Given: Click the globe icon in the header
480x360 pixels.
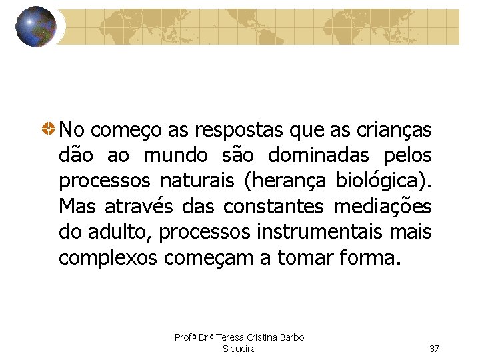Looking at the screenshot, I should (35, 27).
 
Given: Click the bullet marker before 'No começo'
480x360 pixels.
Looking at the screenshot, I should (49, 128).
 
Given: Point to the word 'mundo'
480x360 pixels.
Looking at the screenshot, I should (176, 155).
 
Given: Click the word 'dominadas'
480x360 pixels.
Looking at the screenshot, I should (319, 155).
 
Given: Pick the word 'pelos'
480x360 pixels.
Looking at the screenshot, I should (407, 155).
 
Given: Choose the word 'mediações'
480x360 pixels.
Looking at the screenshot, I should (382, 207).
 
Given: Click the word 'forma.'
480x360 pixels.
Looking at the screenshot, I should (368, 257).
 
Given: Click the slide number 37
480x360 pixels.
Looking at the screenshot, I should (434, 349).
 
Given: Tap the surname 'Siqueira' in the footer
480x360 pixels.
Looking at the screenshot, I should (239, 349).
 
